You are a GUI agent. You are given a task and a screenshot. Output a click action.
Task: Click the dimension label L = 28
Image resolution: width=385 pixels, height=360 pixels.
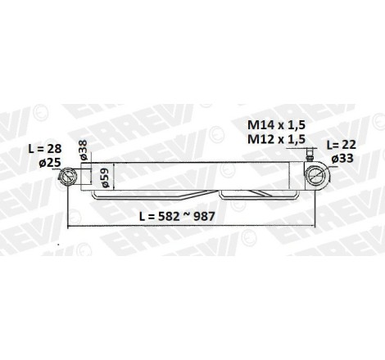45,149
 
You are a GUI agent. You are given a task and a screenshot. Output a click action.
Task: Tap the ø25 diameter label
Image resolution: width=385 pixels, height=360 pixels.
50,163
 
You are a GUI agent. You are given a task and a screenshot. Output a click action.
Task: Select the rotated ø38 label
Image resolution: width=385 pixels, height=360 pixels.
84,150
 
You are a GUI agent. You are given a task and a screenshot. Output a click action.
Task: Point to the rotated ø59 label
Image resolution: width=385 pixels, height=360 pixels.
105,178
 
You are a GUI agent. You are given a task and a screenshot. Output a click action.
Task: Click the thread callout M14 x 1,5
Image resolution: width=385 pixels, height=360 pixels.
276,125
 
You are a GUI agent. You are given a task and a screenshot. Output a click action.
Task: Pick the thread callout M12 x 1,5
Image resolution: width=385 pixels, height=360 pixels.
276,139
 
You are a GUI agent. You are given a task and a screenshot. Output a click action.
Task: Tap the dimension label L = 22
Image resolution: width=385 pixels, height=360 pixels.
342,145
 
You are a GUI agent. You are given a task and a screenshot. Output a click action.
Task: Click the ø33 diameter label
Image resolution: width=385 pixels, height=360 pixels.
342,158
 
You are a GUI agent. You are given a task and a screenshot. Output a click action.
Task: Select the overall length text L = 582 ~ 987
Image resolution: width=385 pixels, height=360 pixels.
177,216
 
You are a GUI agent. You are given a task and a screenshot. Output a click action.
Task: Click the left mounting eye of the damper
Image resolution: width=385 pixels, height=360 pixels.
67,177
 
